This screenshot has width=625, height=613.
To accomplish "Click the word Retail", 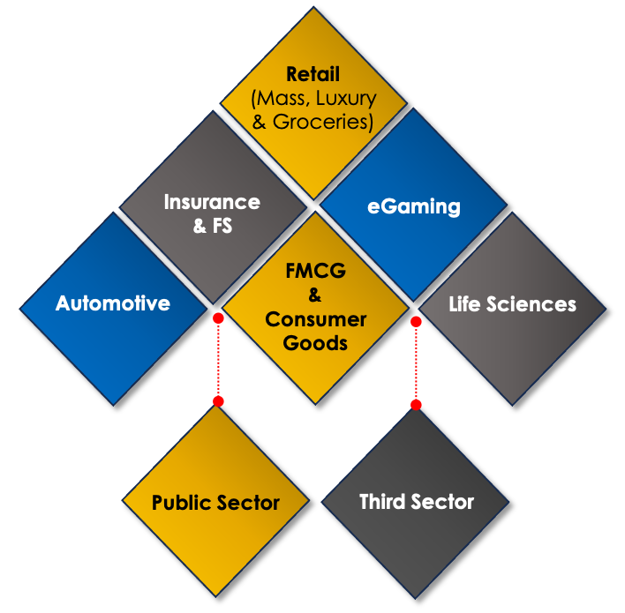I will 312,74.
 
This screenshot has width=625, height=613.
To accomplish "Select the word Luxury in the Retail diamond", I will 349,98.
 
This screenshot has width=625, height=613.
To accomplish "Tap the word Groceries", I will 322,122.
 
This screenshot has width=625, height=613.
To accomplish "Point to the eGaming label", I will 413,206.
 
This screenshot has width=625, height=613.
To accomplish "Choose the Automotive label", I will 112,303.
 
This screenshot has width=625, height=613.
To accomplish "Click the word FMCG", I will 315,270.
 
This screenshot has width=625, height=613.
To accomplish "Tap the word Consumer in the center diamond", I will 315,319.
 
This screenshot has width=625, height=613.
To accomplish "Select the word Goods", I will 315,343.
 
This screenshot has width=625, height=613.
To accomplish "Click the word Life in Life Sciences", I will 466,304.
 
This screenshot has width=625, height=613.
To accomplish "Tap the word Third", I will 385,502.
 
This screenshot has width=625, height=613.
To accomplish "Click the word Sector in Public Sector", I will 249,503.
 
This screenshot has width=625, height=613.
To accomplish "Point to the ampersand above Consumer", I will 315,295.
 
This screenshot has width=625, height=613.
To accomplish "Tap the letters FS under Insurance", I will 222,226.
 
